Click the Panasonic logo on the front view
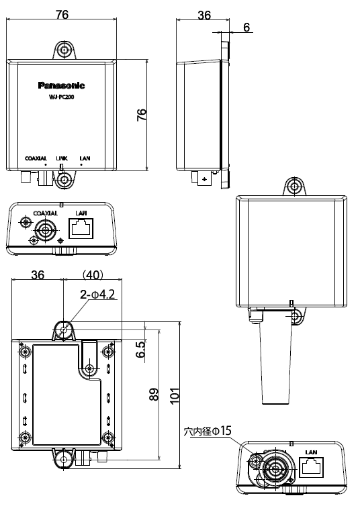[x=61, y=86]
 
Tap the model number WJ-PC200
[x=61, y=98]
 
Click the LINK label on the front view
[x=62, y=158]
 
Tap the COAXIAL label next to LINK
[x=35, y=158]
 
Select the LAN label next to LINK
[x=85, y=158]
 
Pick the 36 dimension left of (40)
[x=38, y=275]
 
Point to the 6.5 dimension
[x=140, y=349]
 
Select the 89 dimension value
[x=154, y=396]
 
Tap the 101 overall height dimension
[x=175, y=396]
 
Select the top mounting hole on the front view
[x=64, y=51]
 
